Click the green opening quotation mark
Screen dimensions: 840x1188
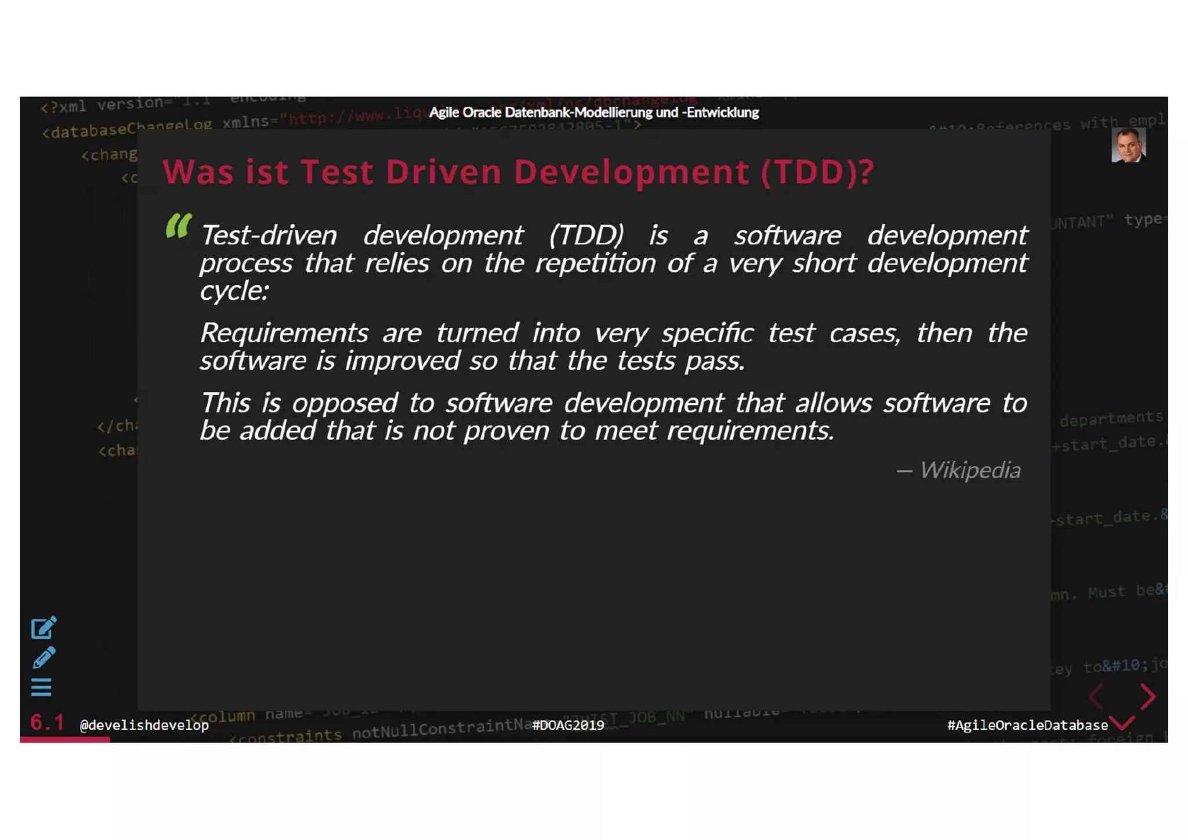pyautogui.click(x=178, y=226)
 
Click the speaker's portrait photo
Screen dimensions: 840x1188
pyautogui.click(x=1128, y=146)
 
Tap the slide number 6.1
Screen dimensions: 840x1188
pyautogui.click(x=47, y=722)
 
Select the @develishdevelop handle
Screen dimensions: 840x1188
pyautogui.click(x=144, y=725)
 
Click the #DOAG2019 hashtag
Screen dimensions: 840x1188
pyautogui.click(x=568, y=725)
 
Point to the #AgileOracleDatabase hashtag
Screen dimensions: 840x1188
pyautogui.click(x=1027, y=725)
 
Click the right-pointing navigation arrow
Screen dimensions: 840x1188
pyautogui.click(x=1148, y=696)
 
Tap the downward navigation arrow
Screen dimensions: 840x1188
pyautogui.click(x=1124, y=723)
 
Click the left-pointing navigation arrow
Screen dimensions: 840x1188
pyautogui.click(x=1096, y=696)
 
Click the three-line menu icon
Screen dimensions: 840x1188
pyautogui.click(x=41, y=687)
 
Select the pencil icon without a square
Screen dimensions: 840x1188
pyautogui.click(x=44, y=657)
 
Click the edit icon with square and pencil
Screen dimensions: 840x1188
pyautogui.click(x=44, y=627)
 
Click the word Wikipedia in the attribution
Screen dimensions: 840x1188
pyautogui.click(x=970, y=470)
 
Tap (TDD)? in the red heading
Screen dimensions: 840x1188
pyautogui.click(x=817, y=172)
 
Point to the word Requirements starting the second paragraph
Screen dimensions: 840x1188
pyautogui.click(x=284, y=333)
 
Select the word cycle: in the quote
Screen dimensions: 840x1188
pyautogui.click(x=234, y=291)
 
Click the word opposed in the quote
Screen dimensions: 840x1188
pyautogui.click(x=345, y=403)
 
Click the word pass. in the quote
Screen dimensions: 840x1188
pyautogui.click(x=715, y=361)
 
